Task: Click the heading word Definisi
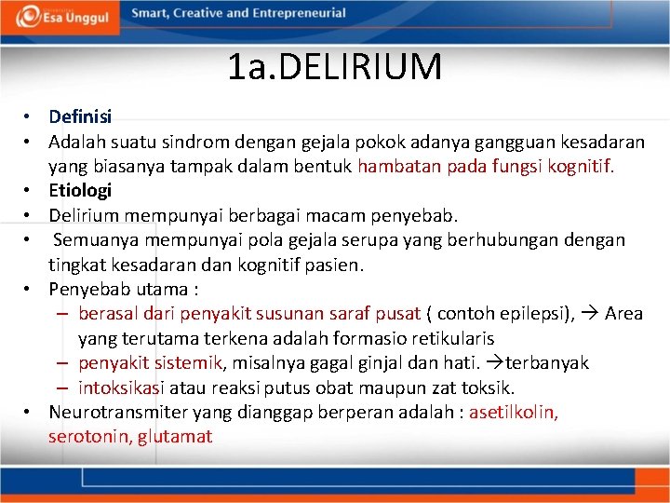coord(80,116)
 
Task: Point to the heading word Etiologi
coord(80,190)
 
